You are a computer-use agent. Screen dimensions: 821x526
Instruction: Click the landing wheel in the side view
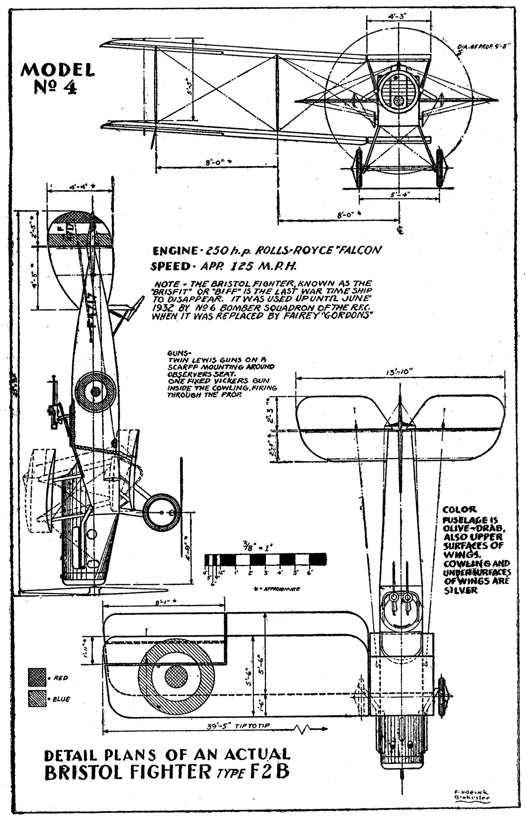(161, 512)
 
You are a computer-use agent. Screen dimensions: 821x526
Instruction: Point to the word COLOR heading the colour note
(460, 510)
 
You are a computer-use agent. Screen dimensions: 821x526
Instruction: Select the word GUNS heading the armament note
(178, 353)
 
